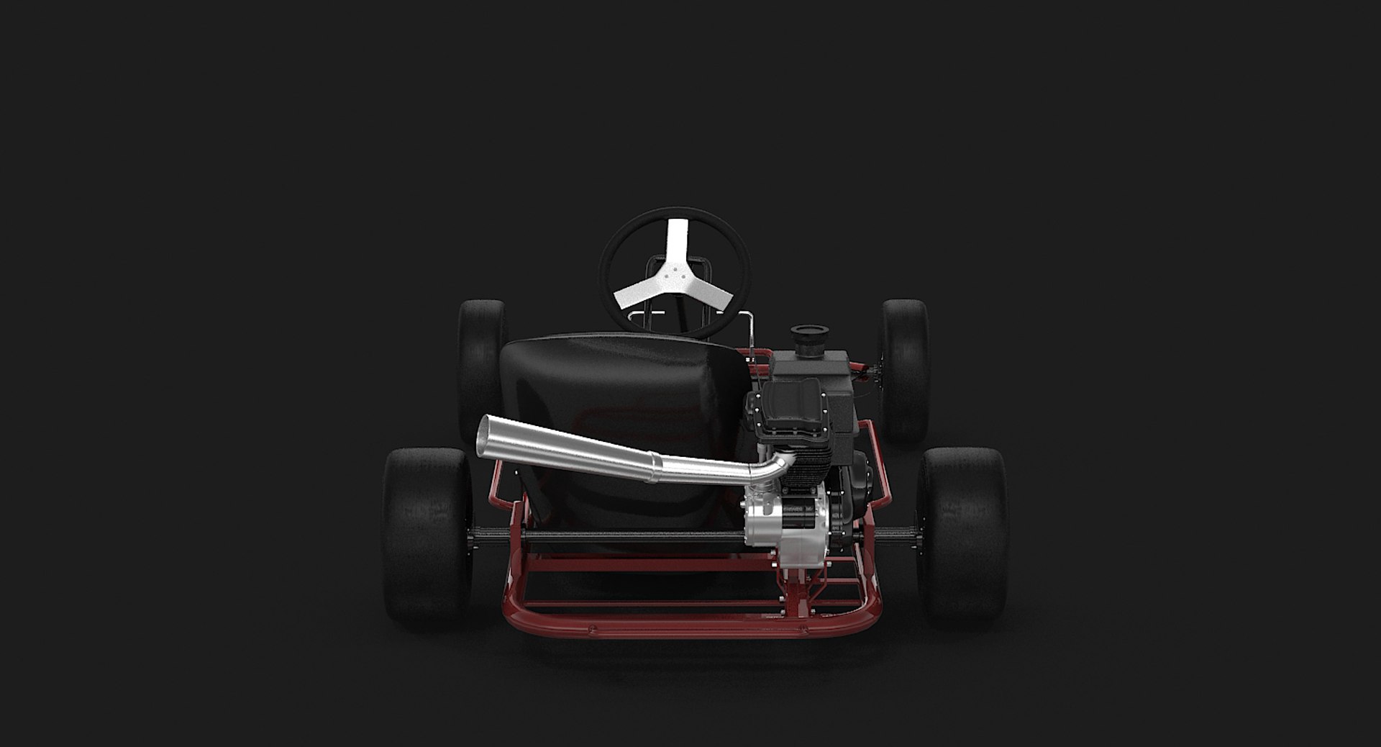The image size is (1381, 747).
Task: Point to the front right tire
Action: point(905,367)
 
